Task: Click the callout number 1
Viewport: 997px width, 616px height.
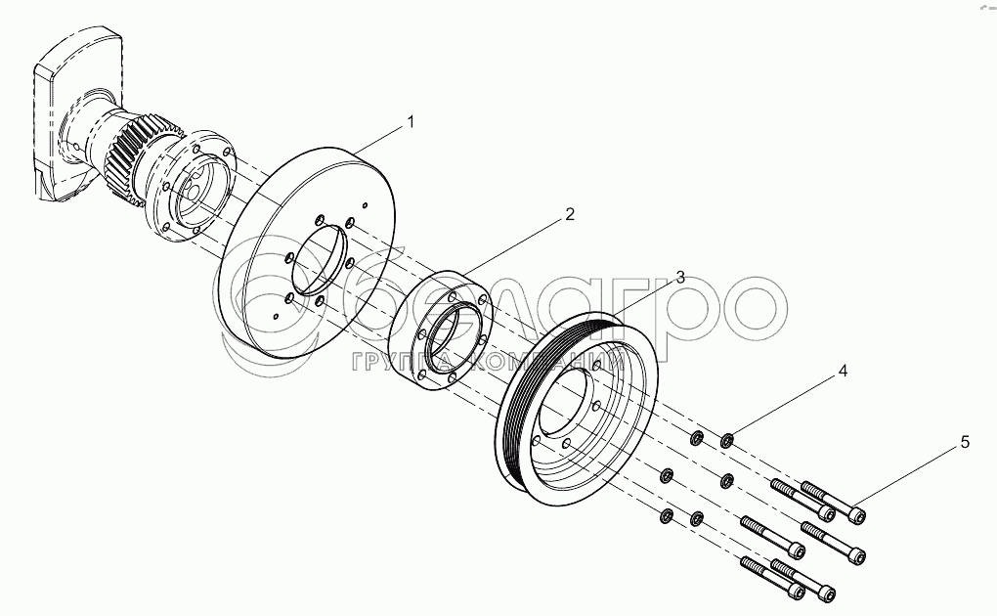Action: [x=411, y=122]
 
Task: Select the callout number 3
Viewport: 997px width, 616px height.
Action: [x=679, y=277]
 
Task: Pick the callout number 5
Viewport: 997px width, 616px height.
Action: [x=965, y=442]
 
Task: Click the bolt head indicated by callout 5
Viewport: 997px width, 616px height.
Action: [x=857, y=511]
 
